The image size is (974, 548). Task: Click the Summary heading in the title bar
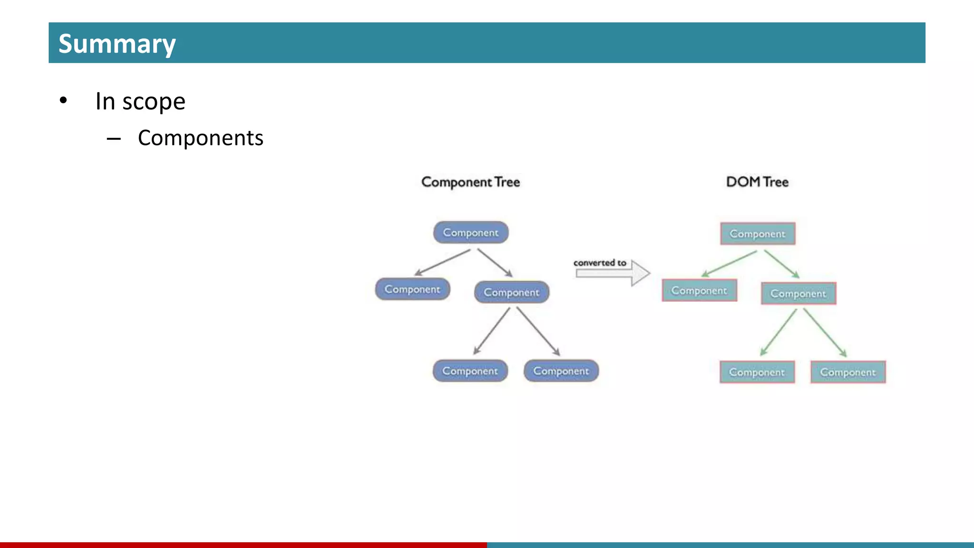[117, 44]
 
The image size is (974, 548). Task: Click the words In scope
[140, 101]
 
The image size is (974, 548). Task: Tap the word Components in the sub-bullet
[200, 138]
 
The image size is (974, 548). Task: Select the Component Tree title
[470, 182]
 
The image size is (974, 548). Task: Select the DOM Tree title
[757, 182]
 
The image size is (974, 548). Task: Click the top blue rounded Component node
[471, 233]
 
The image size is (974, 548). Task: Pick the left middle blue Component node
[412, 289]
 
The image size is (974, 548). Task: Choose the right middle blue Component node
[512, 292]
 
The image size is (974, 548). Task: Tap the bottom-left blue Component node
[470, 371]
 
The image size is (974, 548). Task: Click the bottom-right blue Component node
[561, 371]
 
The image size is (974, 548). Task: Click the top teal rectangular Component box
[758, 234]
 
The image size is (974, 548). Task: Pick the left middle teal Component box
[699, 290]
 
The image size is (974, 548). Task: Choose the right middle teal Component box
[799, 294]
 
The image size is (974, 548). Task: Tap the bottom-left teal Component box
[757, 372]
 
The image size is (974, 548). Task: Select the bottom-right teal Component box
[848, 372]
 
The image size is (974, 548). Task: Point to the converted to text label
[600, 263]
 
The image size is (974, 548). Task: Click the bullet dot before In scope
[63, 101]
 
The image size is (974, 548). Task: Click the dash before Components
[114, 139]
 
